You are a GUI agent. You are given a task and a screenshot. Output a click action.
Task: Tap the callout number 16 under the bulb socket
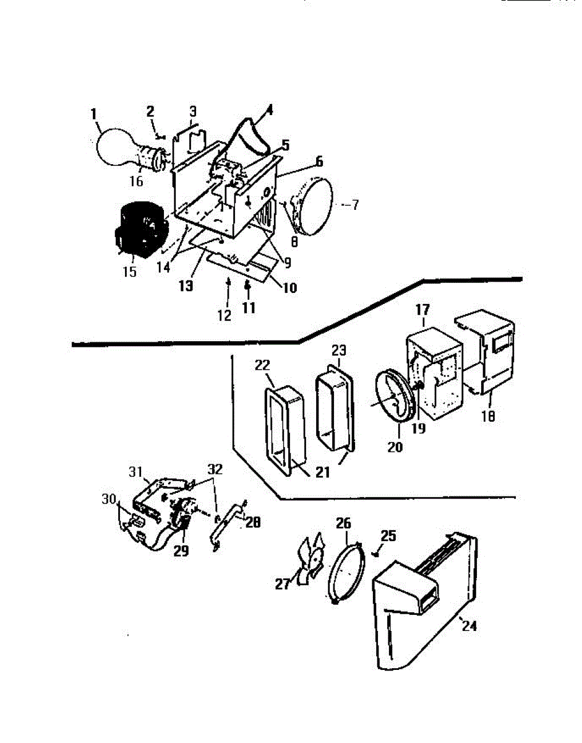point(136,181)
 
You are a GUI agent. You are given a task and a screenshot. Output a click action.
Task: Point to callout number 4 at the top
point(268,111)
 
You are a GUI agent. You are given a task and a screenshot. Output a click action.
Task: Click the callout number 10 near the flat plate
point(283,287)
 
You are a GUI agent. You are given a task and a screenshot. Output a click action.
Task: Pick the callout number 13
point(186,287)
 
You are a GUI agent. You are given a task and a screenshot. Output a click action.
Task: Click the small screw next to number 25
point(375,553)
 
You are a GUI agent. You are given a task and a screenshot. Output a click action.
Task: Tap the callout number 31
point(136,472)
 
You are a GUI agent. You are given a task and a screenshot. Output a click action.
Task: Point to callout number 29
point(181,550)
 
